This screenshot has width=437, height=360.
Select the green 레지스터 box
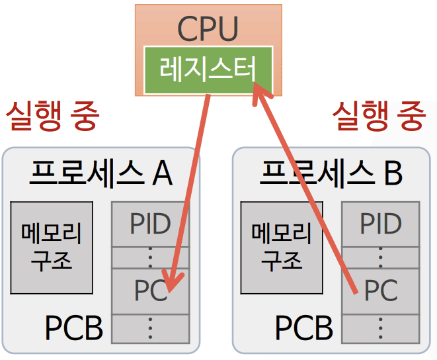[x=208, y=69]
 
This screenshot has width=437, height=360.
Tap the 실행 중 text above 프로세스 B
[x=377, y=116]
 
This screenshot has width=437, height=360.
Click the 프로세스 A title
[x=100, y=173]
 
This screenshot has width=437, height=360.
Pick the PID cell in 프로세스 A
[x=150, y=224]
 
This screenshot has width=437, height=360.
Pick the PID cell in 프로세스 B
[x=380, y=224]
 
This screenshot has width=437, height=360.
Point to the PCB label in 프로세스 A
[x=73, y=328]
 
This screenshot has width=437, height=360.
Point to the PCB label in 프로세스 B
[x=303, y=328]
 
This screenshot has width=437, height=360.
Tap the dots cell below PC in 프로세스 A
[x=150, y=328]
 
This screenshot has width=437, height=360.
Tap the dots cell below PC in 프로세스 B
[x=380, y=328]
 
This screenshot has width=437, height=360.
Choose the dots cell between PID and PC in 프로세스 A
[x=150, y=257]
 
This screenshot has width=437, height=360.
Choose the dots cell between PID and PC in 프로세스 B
[x=380, y=257]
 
